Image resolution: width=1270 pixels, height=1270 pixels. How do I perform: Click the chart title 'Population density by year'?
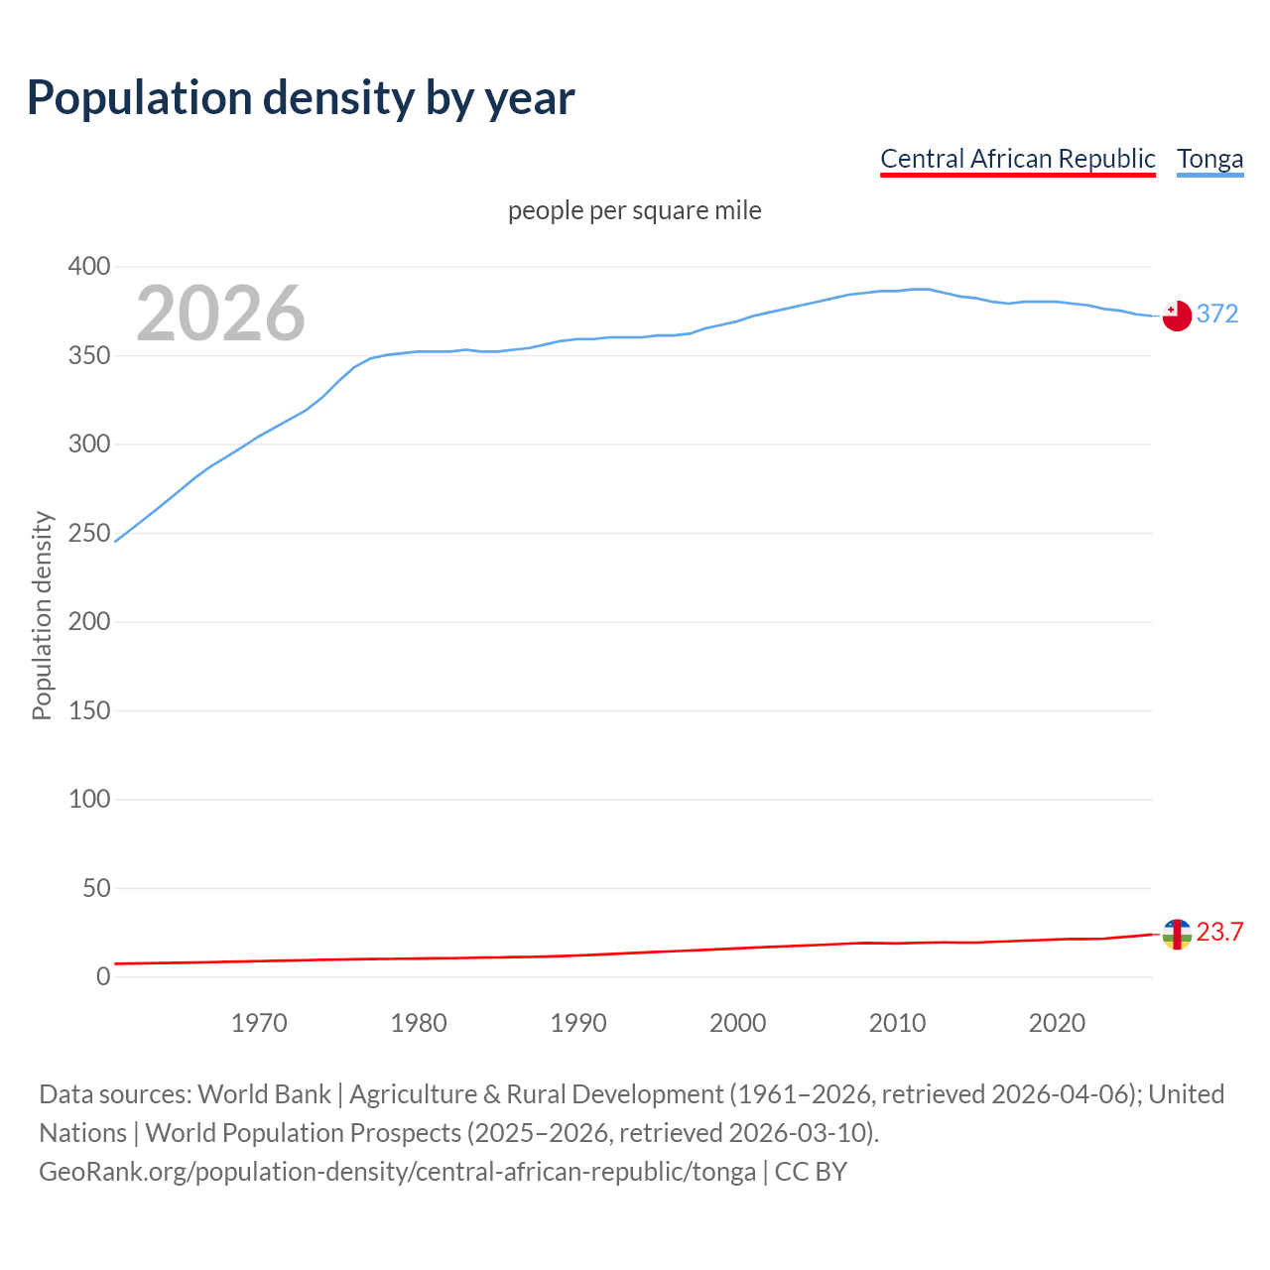coord(301,98)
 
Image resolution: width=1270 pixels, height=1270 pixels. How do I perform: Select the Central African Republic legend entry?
coord(1017,159)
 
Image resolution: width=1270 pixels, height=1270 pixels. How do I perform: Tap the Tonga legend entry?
coord(1209,159)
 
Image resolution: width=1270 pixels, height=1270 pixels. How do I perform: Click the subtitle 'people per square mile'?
coord(634,210)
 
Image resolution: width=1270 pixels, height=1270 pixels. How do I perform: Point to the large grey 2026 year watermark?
coord(220,314)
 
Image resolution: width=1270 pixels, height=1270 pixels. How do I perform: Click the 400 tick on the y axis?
coord(89,267)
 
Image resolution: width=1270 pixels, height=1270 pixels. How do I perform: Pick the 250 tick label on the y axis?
coord(89,533)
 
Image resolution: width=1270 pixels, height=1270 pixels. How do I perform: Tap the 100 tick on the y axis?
coord(89,799)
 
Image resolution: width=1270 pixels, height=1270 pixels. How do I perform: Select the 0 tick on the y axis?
coord(103,976)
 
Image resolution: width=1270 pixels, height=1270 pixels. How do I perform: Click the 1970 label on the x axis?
coord(259,1023)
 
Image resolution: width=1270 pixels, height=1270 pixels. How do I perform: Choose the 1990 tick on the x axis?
coord(578,1023)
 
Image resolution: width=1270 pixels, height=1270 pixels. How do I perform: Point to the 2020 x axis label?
coord(1057,1023)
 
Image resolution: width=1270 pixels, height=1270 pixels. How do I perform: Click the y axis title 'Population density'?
coord(42,615)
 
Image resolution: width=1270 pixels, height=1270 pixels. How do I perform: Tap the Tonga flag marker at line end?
coord(1177,316)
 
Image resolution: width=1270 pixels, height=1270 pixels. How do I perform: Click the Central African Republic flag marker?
coord(1177,934)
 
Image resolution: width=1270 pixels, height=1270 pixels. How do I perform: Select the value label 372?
coord(1217,314)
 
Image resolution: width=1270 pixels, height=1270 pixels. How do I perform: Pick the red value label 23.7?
coord(1219,932)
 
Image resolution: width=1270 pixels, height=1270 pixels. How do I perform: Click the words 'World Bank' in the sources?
coord(264,1094)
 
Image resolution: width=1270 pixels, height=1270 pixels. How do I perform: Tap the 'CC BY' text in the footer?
coord(811,1172)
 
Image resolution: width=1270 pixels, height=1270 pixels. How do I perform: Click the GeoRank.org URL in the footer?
coord(397,1172)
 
